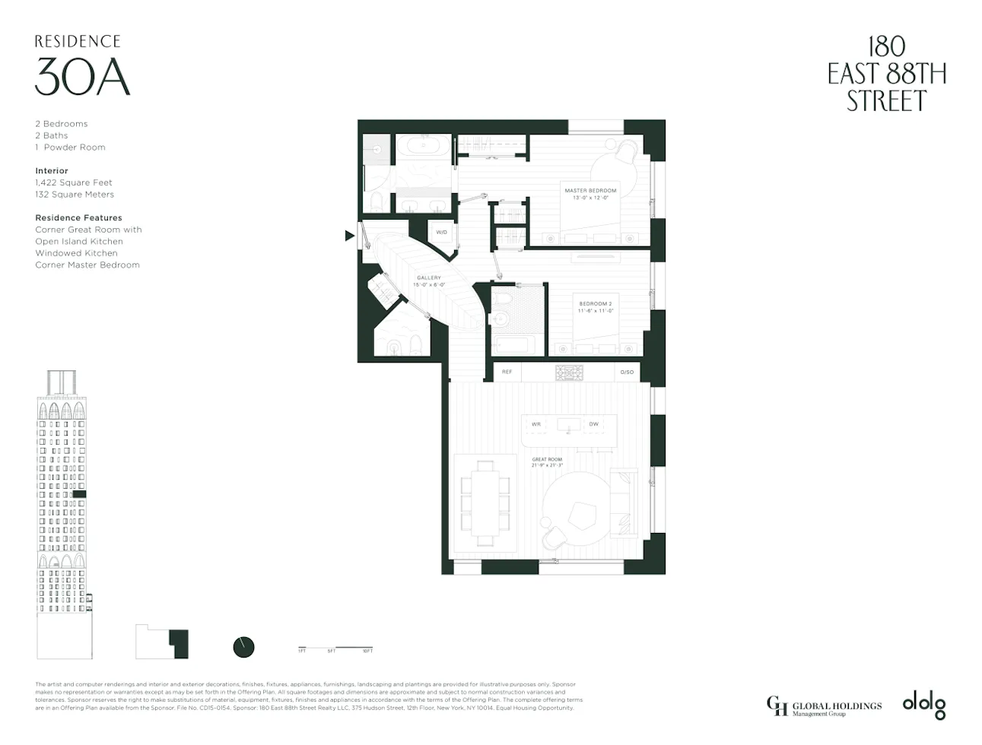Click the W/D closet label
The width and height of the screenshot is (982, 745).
[x=441, y=233]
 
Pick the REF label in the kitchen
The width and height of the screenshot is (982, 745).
[x=507, y=372]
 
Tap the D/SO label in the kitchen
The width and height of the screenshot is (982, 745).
[x=627, y=372]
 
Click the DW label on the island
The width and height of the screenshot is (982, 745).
[x=593, y=424]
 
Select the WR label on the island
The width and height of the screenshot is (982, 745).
[x=535, y=424]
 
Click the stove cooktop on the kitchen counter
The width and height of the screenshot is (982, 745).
[x=569, y=372]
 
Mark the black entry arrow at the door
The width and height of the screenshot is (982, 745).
[x=349, y=236]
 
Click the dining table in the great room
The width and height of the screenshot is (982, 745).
[x=485, y=502]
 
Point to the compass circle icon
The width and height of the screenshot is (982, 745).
[x=243, y=647]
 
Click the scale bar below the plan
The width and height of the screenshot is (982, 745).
[x=335, y=648]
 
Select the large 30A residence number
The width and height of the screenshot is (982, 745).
[x=82, y=78]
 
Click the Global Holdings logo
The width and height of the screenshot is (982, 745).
[x=824, y=706]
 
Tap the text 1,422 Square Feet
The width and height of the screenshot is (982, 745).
[x=74, y=182]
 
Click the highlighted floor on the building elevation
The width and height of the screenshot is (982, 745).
[x=79, y=494]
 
